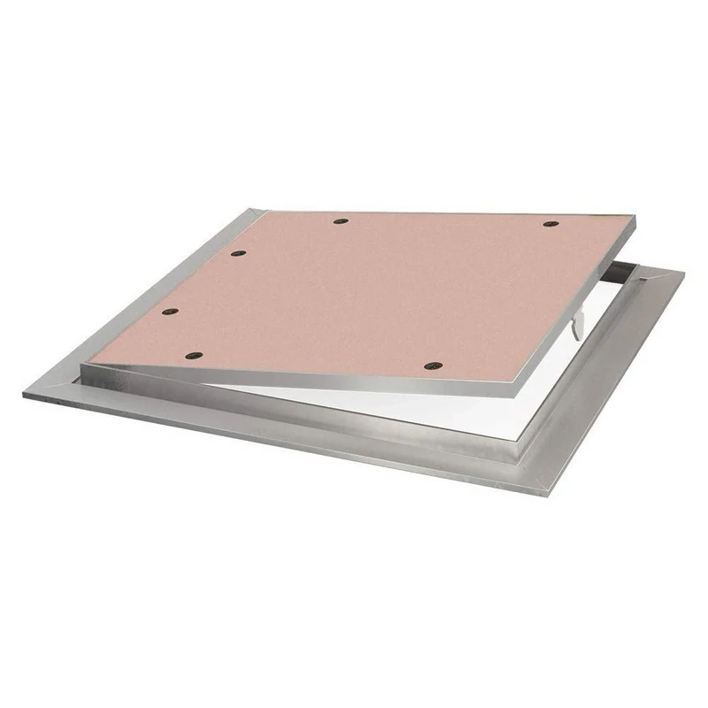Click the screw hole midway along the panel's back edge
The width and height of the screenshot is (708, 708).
341,220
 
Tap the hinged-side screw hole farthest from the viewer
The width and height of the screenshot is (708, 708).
237,254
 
